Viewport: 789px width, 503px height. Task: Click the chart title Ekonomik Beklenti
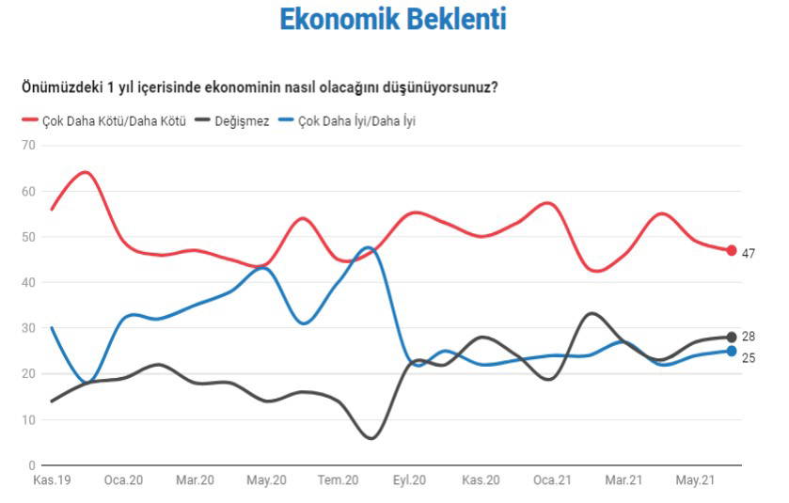point(393,20)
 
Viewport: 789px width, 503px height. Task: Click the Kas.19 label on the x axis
point(51,480)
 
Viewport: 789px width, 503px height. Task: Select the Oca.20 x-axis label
point(123,480)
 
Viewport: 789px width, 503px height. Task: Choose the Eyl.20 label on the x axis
point(408,480)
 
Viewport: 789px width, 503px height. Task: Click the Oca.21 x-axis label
point(552,480)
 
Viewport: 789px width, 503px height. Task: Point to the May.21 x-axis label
point(695,480)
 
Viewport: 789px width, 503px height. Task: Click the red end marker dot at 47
point(731,250)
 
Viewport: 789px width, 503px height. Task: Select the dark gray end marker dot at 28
point(731,337)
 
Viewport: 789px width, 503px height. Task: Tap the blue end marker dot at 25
point(731,351)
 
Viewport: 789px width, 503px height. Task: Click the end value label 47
point(749,253)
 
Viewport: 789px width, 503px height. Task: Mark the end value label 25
point(749,358)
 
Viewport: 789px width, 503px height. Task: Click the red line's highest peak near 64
point(85,172)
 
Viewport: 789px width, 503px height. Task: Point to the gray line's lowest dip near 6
point(371,438)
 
